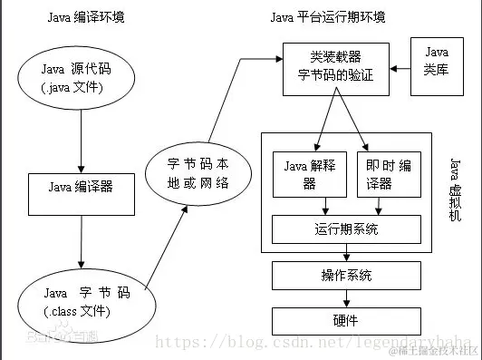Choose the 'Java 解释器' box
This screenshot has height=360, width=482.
tap(309, 173)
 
